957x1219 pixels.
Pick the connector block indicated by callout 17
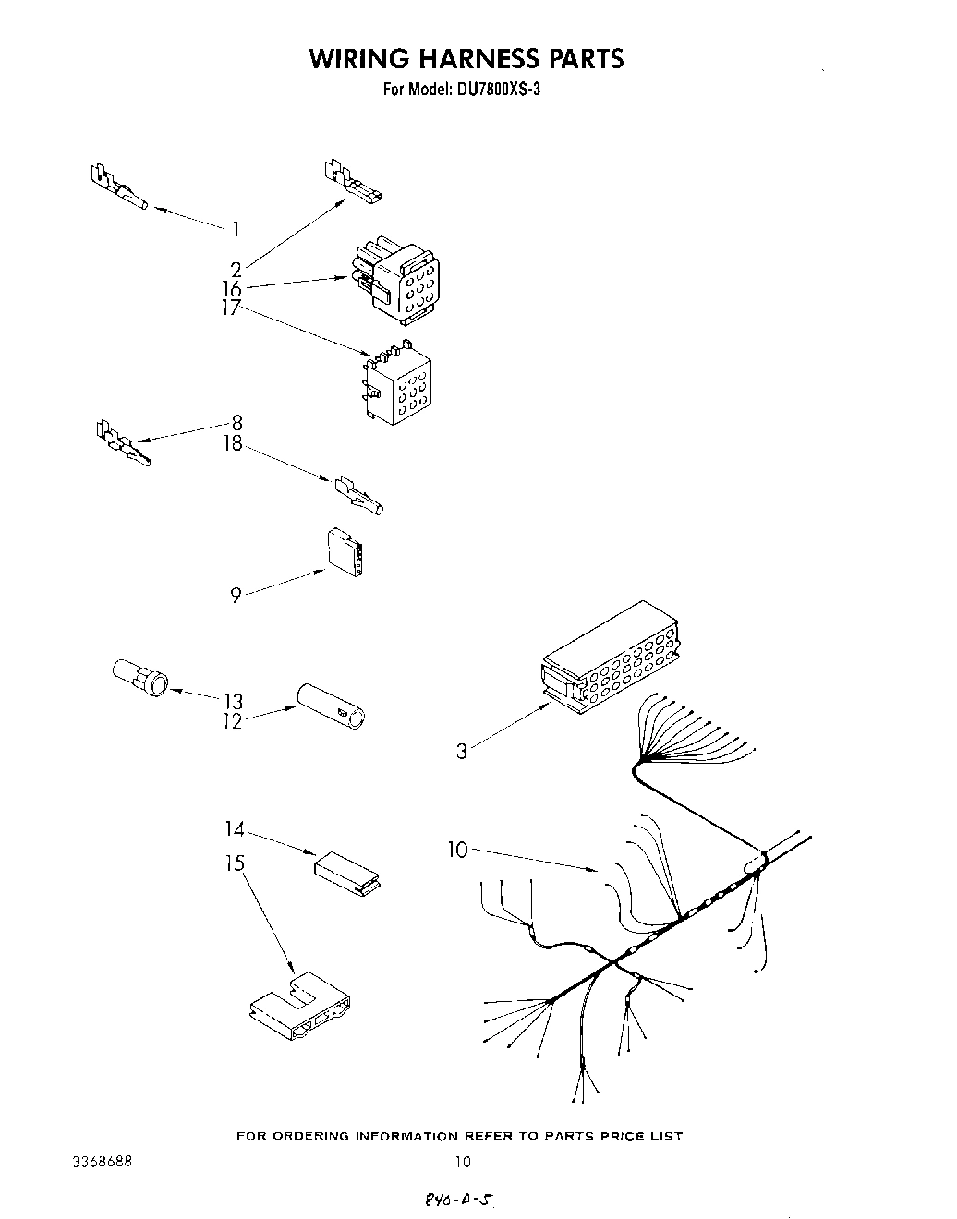click(396, 389)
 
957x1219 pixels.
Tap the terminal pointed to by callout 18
click(358, 496)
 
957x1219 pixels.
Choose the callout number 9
click(236, 596)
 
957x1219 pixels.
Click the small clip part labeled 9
click(346, 552)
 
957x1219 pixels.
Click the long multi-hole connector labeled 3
click(609, 658)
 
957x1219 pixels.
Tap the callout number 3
click(462, 751)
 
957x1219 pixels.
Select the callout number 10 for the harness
click(458, 850)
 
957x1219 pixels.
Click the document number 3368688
click(101, 1161)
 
